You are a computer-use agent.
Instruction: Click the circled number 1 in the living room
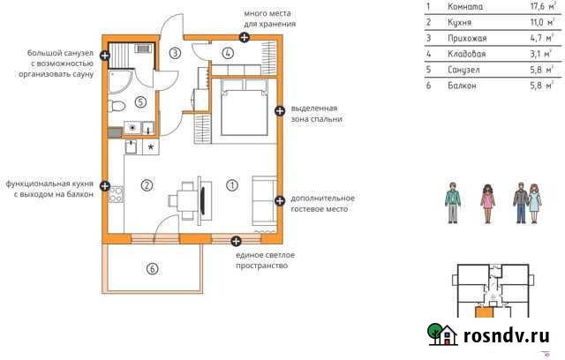pos(232,185)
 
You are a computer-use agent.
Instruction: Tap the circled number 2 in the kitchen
pos(147,185)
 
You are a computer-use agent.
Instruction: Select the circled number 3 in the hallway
pos(176,54)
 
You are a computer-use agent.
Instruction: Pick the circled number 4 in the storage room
pos(228,54)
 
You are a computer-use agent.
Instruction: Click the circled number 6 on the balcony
pos(152,268)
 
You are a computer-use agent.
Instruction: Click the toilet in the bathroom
pos(116,105)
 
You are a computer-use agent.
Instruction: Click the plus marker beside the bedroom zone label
pos(280,111)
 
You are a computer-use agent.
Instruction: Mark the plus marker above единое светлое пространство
pos(236,241)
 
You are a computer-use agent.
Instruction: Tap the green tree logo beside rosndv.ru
pos(441,334)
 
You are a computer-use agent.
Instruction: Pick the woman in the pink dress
pos(486,204)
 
